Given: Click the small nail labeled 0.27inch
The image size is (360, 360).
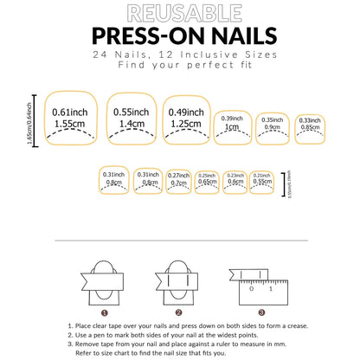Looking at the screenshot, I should [179, 179].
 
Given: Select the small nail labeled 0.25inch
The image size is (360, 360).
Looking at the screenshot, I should [207, 179].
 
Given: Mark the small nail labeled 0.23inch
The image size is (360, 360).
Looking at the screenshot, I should [234, 179].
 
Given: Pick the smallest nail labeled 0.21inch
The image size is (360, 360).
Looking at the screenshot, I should [260, 179].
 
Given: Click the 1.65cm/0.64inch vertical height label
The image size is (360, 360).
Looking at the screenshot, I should [32, 119].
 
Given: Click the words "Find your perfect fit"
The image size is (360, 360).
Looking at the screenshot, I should [179, 67].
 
